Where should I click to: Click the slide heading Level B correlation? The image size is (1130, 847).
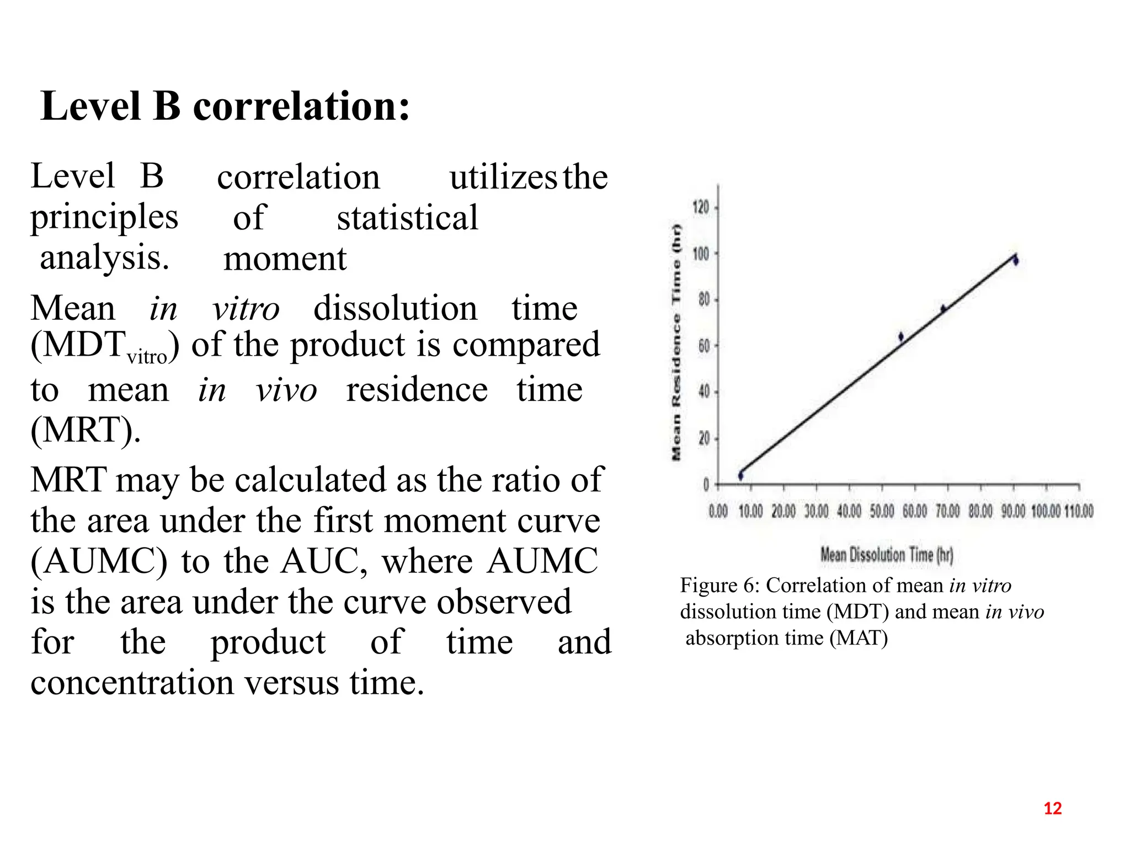pos(225,106)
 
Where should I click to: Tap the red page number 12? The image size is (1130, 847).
pos(1053,808)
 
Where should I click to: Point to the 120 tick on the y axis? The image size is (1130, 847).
pos(701,208)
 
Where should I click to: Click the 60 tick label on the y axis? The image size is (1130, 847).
pos(704,346)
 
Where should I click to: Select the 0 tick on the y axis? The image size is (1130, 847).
pos(706,485)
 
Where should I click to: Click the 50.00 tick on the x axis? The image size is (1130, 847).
pos(882,511)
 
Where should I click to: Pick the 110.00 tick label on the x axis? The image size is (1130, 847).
pos(1079,511)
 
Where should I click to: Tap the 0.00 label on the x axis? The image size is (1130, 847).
pos(718,511)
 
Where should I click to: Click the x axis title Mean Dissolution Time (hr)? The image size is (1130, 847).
pos(887,554)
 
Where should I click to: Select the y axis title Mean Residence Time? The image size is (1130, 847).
pos(676,342)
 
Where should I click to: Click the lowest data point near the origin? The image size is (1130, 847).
pos(741,475)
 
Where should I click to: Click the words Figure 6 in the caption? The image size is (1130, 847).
pos(716,585)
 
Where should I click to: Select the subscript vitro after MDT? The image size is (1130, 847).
pos(147,357)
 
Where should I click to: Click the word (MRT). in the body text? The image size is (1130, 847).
pos(86,430)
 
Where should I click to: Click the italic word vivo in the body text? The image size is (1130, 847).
pos(286,390)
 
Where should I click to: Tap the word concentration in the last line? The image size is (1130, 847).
pos(132,683)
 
